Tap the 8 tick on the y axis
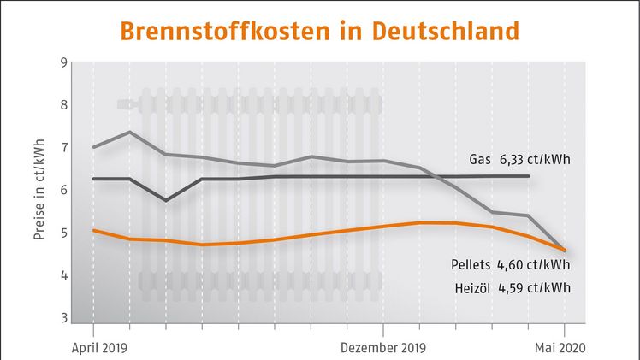click(63, 105)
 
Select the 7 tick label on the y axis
click(63, 148)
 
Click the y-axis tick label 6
click(63, 190)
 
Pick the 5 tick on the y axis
click(63, 233)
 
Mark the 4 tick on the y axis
click(63, 275)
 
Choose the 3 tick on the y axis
click(63, 317)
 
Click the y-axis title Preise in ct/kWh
click(39, 191)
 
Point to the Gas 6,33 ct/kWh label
click(520, 159)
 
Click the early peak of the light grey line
click(128, 132)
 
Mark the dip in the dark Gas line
click(165, 200)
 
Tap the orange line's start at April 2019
click(93, 230)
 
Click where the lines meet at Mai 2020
click(564, 250)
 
